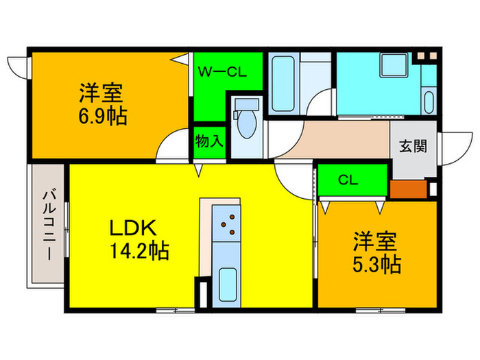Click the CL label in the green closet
coord(348,180)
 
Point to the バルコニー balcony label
coord(48,223)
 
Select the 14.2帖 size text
coord(136,250)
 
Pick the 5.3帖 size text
coord(376,263)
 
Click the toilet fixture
coord(245,123)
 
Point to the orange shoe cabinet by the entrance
coord(407,189)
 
